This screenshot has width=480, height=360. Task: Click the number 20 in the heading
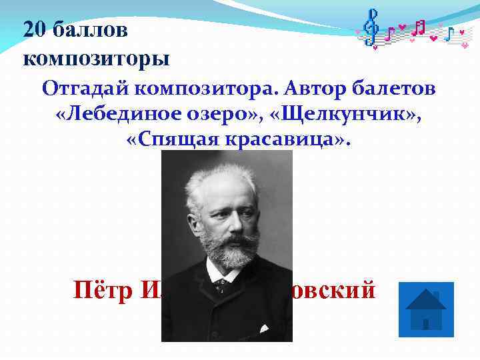[35, 29]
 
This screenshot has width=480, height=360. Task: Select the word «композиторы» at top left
[96, 58]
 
